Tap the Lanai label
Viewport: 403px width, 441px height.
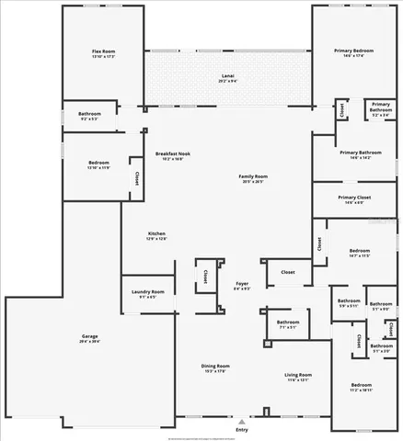point(227,75)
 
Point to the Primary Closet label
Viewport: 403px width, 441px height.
point(353,198)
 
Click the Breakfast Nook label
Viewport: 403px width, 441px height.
point(172,153)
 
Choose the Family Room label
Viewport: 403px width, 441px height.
point(252,176)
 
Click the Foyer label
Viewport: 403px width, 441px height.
point(242,284)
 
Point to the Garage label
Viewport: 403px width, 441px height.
point(90,337)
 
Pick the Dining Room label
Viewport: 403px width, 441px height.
point(215,367)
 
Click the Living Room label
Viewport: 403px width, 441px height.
point(297,375)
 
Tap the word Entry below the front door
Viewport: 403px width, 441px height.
point(242,430)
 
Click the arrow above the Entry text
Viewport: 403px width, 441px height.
point(242,422)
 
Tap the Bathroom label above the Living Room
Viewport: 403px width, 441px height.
point(288,322)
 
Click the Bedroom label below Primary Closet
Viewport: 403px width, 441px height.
point(360,250)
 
